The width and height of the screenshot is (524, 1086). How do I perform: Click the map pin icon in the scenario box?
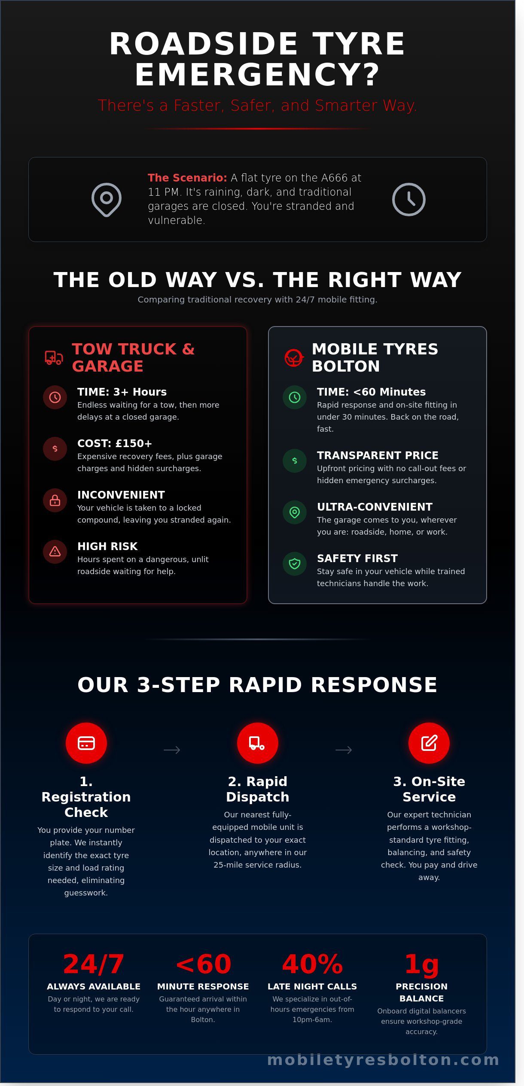[x=107, y=200]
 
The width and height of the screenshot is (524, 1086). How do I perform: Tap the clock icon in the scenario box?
[x=409, y=200]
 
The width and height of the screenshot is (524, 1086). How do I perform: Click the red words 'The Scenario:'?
[x=187, y=178]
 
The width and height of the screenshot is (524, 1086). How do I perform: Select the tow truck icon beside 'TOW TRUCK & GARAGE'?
[x=54, y=357]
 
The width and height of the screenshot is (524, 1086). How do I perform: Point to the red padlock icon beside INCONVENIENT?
[x=55, y=500]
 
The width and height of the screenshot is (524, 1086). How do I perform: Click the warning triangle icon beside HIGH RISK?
[x=55, y=552]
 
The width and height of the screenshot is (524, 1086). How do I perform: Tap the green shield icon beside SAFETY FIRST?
[x=295, y=564]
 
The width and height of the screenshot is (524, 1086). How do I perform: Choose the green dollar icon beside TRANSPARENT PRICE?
[x=295, y=461]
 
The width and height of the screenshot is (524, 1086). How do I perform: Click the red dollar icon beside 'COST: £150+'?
[x=55, y=449]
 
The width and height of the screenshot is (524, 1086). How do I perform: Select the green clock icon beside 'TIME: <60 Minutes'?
[x=295, y=397]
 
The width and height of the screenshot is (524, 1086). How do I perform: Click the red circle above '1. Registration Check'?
[x=86, y=743]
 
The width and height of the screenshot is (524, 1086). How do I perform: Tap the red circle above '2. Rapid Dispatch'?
[x=258, y=743]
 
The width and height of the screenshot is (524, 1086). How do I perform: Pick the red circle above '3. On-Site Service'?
[x=429, y=743]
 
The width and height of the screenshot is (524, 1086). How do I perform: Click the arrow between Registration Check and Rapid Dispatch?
[x=172, y=750]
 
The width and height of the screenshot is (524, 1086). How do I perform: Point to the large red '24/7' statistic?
[x=94, y=964]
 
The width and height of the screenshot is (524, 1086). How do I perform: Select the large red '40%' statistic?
[x=312, y=964]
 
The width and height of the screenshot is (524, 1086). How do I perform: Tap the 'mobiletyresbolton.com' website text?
[x=384, y=1060]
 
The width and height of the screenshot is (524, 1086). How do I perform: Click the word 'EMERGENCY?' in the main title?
[x=258, y=75]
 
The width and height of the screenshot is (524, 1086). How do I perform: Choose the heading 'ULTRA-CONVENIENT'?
[x=375, y=507]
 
